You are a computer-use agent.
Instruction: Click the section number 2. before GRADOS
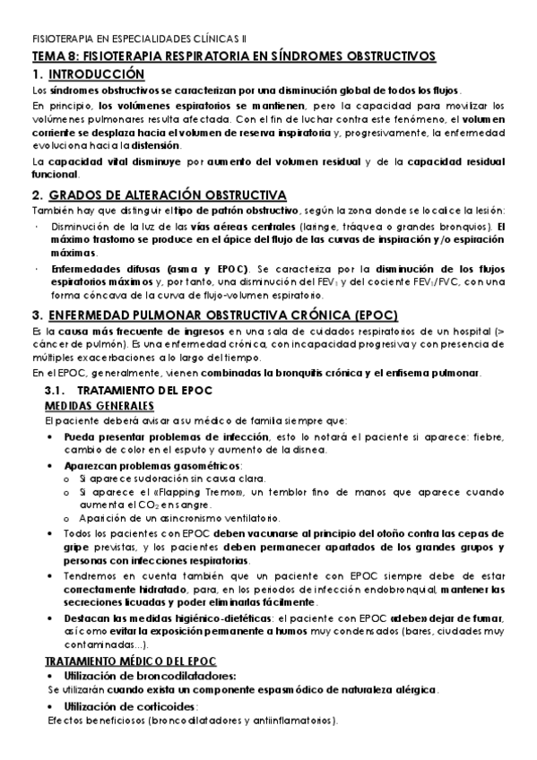(x=37, y=195)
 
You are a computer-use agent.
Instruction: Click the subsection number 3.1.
(x=57, y=392)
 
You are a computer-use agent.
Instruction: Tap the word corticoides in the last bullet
(x=163, y=705)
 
